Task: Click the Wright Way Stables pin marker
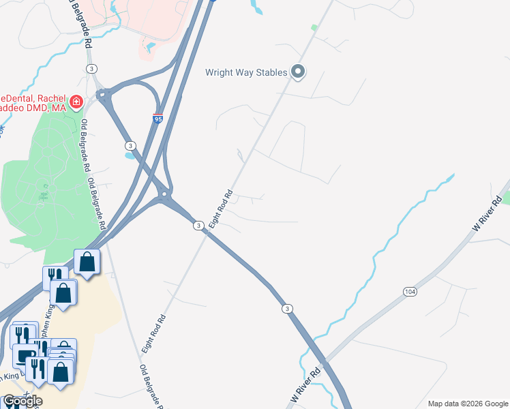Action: pos(297,72)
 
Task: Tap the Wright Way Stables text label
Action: pos(246,72)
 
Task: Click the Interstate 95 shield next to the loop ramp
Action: pos(157,119)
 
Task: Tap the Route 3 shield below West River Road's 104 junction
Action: pos(288,309)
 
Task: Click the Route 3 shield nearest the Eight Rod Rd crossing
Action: pos(198,226)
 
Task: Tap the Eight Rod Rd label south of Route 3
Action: pos(154,333)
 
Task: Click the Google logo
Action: pos(22,401)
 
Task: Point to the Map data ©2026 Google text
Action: pos(468,404)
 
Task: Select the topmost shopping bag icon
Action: pos(87,262)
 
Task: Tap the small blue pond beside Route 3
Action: pos(129,155)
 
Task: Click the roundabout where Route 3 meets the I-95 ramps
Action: pos(164,198)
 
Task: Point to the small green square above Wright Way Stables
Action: pos(314,28)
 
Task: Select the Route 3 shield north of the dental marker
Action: pos(91,69)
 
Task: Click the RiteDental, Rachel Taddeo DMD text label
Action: pos(34,102)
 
